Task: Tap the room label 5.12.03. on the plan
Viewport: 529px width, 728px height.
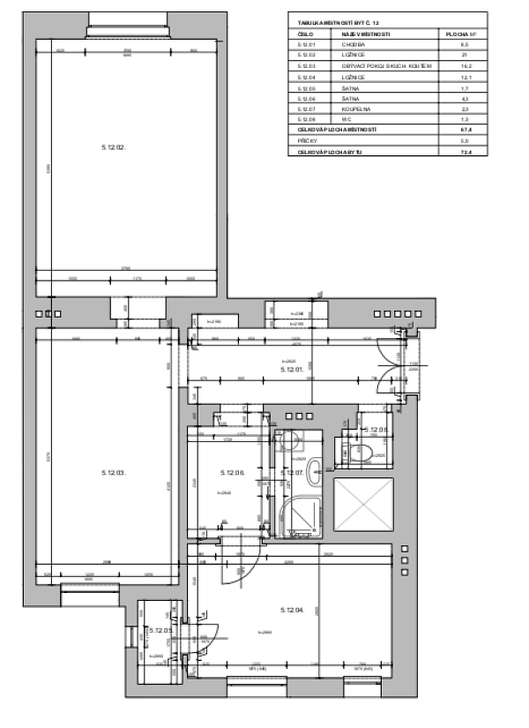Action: (x=115, y=472)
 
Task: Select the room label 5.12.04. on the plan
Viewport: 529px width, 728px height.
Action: (x=292, y=610)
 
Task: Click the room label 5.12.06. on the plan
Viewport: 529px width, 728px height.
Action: (x=231, y=472)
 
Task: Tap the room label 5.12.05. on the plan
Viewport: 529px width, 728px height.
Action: (x=160, y=630)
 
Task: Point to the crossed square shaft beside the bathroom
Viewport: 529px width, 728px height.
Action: (x=363, y=506)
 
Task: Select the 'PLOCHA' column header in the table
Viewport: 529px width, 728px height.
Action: (x=461, y=33)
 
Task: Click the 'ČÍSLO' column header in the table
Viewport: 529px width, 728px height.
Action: (x=306, y=33)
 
